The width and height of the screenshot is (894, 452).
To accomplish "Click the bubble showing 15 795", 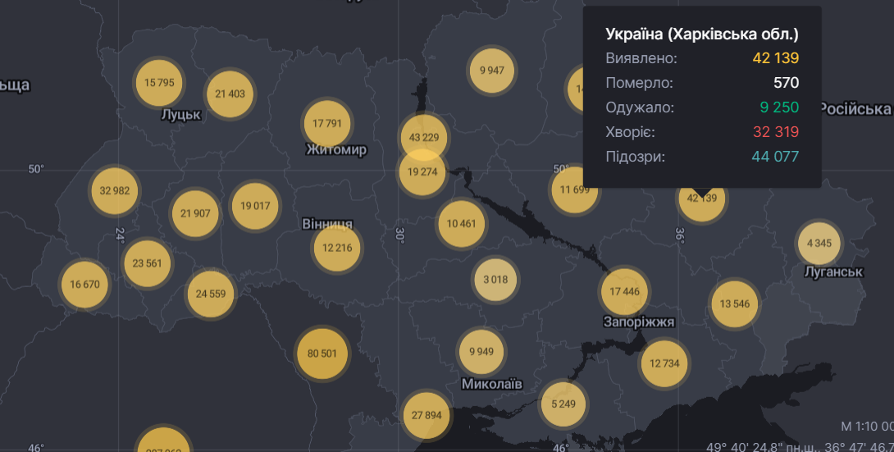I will pyautogui.click(x=159, y=82).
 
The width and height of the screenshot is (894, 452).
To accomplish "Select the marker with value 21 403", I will pyautogui.click(x=230, y=94).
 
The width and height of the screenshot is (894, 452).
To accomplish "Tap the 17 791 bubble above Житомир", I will pyautogui.click(x=327, y=123).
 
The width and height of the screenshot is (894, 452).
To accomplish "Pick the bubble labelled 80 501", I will pyautogui.click(x=322, y=353).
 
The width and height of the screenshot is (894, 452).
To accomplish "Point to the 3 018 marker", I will pyautogui.click(x=495, y=279).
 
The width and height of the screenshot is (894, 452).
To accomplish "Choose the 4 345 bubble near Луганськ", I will pyautogui.click(x=819, y=243).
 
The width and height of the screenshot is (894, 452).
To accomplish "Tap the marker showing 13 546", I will pyautogui.click(x=734, y=304).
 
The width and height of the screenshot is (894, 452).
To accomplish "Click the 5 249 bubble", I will pyautogui.click(x=563, y=403).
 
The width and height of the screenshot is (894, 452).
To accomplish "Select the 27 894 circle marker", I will pyautogui.click(x=426, y=415).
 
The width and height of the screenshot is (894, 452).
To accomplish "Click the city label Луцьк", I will pyautogui.click(x=181, y=115).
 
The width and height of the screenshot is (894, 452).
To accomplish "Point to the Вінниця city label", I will pyautogui.click(x=327, y=224).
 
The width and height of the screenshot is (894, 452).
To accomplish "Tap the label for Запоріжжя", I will pyautogui.click(x=638, y=322).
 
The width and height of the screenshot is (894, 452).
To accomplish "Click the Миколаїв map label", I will pyautogui.click(x=491, y=383).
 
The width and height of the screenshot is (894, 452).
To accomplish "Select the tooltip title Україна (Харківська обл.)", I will pyautogui.click(x=701, y=34).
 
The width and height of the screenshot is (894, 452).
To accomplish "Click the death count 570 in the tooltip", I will pyautogui.click(x=785, y=83).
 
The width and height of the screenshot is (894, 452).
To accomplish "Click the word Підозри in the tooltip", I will pyautogui.click(x=636, y=157).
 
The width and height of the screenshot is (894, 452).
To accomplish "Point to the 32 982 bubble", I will pyautogui.click(x=115, y=190).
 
